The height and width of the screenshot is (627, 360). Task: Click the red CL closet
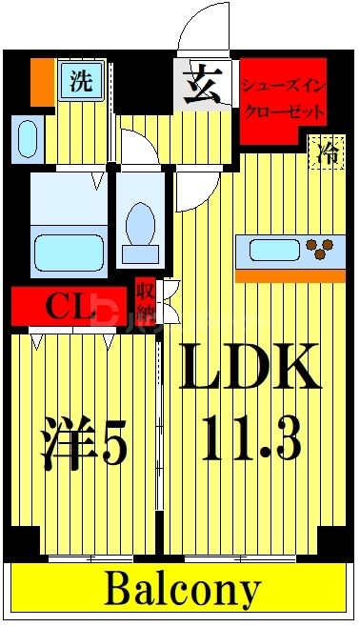67,306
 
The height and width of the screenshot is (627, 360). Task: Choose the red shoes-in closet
283,97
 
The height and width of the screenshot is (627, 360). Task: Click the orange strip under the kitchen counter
290,275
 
